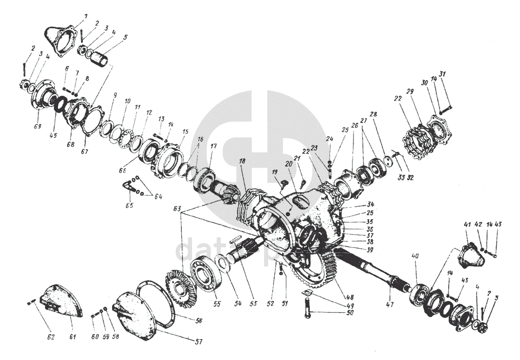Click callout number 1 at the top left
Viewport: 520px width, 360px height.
click(85, 16)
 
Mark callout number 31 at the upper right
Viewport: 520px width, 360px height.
click(442, 74)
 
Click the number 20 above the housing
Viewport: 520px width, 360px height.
click(288, 164)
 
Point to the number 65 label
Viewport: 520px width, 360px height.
click(128, 204)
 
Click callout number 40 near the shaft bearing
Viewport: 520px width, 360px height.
click(415, 256)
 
